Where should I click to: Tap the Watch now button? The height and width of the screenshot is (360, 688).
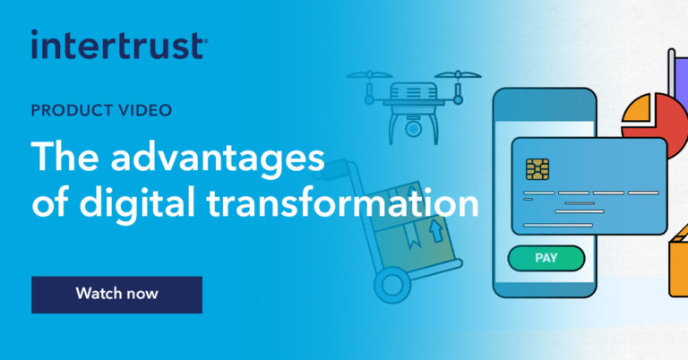pos(116,294)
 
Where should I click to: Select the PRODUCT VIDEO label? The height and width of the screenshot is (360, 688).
pos(101,111)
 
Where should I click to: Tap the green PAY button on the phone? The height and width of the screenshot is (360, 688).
pos(546,258)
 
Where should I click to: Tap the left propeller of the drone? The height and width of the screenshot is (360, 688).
pos(366,76)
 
